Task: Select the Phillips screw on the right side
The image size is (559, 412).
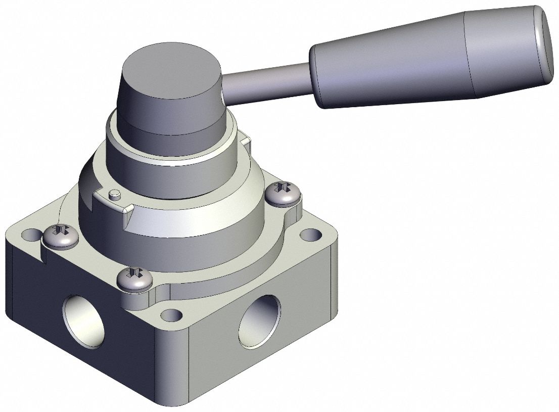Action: pos(284,195)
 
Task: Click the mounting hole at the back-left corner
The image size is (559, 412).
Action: pos(31,235)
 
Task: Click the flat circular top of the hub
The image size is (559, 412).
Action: pos(172,71)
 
